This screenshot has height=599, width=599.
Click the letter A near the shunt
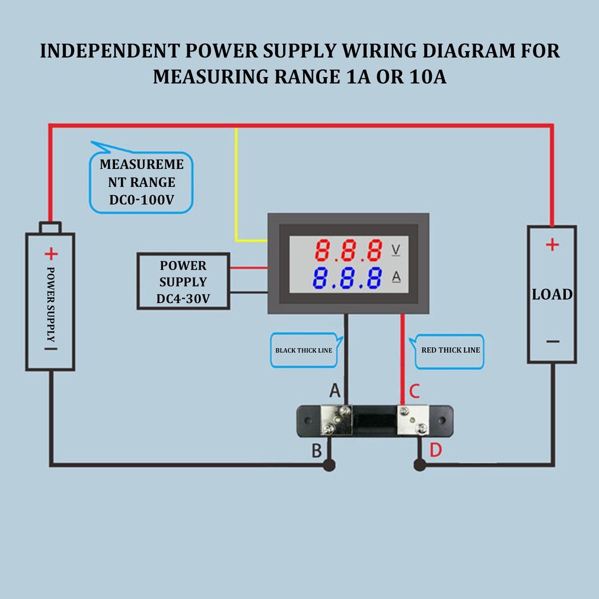click(x=334, y=391)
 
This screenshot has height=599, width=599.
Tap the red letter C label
click(x=415, y=391)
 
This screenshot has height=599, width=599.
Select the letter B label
click(x=317, y=451)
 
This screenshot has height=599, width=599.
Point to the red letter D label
click(x=435, y=451)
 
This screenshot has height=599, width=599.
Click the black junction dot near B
click(x=330, y=466)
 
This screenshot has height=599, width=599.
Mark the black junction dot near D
click(x=419, y=466)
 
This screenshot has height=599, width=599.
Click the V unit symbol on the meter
click(x=396, y=250)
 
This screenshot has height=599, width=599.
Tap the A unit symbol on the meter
click(x=396, y=276)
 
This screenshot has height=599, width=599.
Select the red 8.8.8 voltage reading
click(x=348, y=251)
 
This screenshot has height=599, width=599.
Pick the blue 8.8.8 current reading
click(x=348, y=278)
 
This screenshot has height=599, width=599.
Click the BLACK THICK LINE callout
click(x=304, y=351)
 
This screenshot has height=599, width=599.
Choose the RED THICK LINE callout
click(x=450, y=351)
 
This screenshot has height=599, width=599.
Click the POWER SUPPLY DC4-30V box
click(x=183, y=282)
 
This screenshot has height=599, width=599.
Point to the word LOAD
click(x=552, y=295)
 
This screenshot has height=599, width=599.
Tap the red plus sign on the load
click(x=552, y=244)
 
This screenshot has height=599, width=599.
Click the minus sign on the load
click(x=552, y=341)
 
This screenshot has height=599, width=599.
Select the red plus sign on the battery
click(x=51, y=254)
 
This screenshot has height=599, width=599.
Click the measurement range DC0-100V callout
click(x=141, y=183)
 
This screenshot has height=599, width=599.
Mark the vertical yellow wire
click(x=236, y=184)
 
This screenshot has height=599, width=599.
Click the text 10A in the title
click(x=427, y=78)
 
